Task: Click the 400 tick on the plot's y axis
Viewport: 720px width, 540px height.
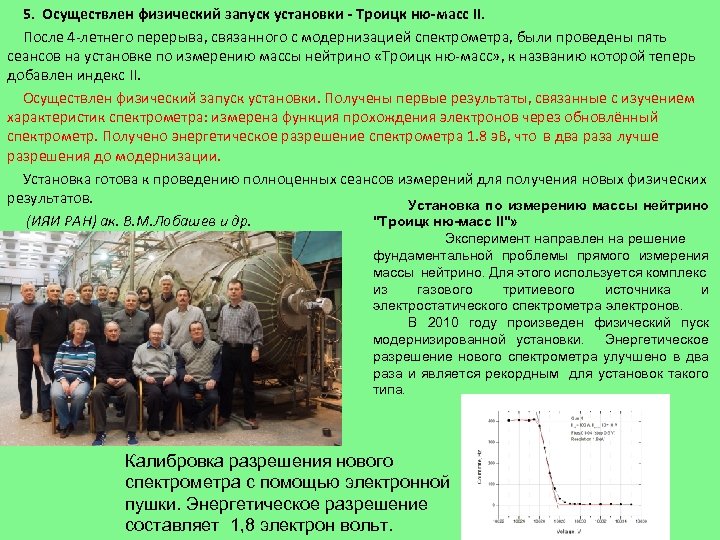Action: pyautogui.click(x=491, y=420)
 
